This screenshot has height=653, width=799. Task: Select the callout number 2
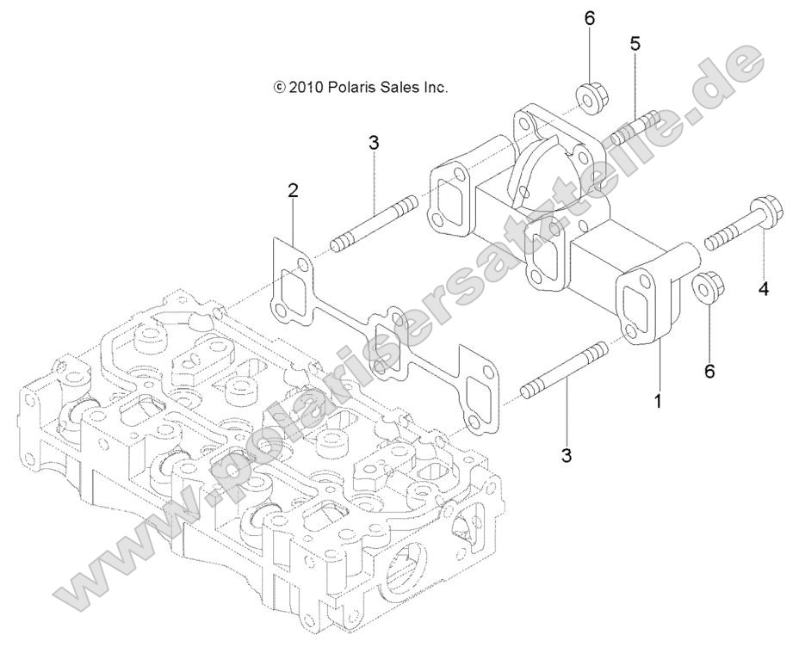(293, 191)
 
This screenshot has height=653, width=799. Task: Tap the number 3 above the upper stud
(373, 143)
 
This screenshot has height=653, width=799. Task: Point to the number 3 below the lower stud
(566, 455)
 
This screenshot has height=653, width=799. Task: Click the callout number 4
(763, 290)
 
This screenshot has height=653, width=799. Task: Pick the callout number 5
(635, 44)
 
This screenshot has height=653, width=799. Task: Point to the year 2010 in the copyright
(306, 87)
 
